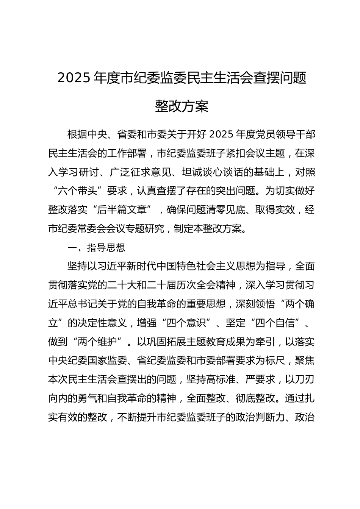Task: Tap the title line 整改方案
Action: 182,106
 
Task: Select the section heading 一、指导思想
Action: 96,248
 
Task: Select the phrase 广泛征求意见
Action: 137,172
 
